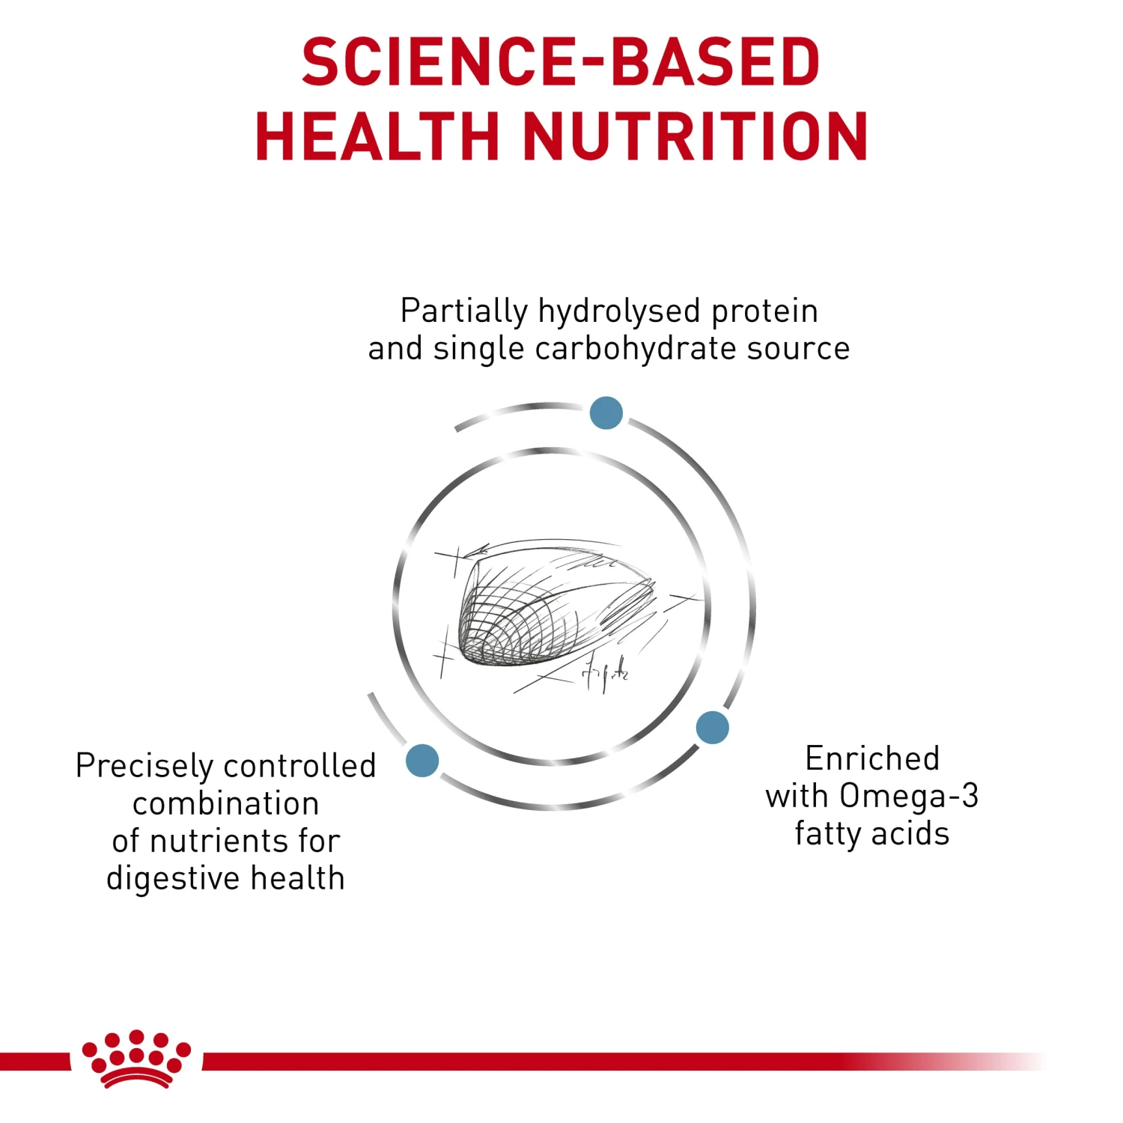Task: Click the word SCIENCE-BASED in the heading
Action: (561, 61)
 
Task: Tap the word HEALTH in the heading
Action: (377, 136)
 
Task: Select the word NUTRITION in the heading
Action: (695, 136)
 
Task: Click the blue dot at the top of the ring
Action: (606, 413)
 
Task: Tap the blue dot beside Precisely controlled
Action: (422, 761)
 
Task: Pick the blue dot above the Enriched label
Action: (712, 728)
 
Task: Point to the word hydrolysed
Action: (619, 311)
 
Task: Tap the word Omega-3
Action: (908, 796)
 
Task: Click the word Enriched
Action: (872, 758)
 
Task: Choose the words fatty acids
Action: (872, 834)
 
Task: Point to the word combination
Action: (226, 804)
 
